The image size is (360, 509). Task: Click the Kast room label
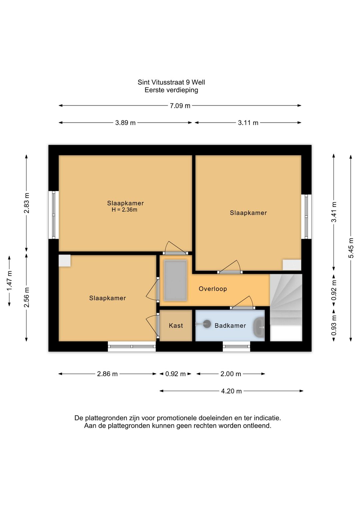click(176, 326)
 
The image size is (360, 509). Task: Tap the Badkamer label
click(230, 326)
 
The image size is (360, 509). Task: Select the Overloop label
click(213, 289)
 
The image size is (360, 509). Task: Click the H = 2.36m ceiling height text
click(124, 210)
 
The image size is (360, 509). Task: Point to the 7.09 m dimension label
click(180, 106)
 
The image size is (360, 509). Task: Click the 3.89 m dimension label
click(125, 123)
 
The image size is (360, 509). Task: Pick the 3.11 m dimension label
click(248, 123)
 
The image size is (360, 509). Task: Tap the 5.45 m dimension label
click(351, 248)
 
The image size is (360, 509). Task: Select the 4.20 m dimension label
click(231, 391)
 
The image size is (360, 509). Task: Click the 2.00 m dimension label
click(231, 374)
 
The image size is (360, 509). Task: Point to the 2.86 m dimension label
click(107, 374)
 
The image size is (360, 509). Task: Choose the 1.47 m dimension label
click(9, 281)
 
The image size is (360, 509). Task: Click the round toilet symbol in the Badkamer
click(207, 324)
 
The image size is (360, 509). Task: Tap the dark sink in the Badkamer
click(259, 328)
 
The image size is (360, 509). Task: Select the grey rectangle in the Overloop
click(175, 281)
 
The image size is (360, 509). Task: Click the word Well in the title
click(199, 82)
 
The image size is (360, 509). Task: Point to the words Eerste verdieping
click(171, 90)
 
